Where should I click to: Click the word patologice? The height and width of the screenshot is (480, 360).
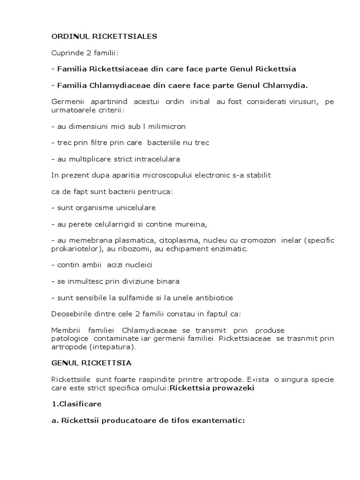pos(70,338)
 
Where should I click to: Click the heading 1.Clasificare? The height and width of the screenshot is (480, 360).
pos(76,403)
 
